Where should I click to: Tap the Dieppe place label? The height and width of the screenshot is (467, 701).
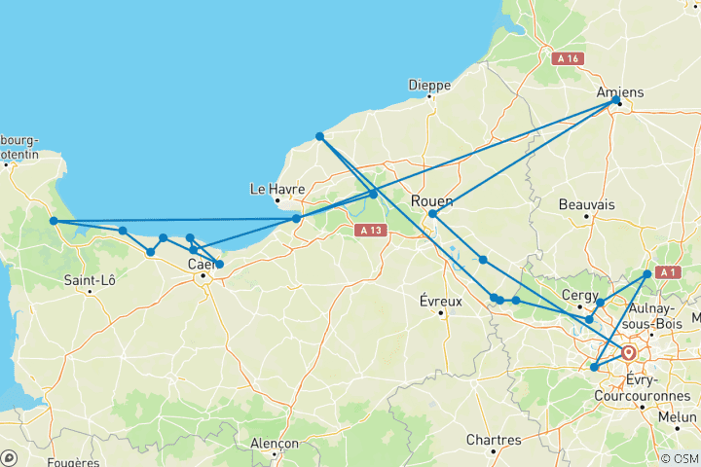pos(430,85)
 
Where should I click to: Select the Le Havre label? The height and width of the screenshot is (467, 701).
pos(277,189)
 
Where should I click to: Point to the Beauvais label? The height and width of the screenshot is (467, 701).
pos(587,205)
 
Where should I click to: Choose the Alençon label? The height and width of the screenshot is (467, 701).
pos(275,443)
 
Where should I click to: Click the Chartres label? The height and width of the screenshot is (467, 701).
pos(493,440)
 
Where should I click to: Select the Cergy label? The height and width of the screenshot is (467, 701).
pos(578,295)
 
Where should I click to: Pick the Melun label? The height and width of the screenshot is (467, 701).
pos(678,415)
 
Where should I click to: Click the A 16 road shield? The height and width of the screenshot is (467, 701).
pos(568,59)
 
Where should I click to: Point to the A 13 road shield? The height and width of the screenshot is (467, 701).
pos(369,231)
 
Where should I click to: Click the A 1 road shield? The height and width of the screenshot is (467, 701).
pos(666,272)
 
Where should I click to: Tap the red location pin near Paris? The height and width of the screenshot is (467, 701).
pos(630,353)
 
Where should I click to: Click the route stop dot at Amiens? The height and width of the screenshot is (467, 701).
pos(615,101)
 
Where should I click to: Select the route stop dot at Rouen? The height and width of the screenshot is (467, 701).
pos(432,213)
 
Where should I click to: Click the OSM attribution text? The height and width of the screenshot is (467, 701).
pos(679,458)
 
